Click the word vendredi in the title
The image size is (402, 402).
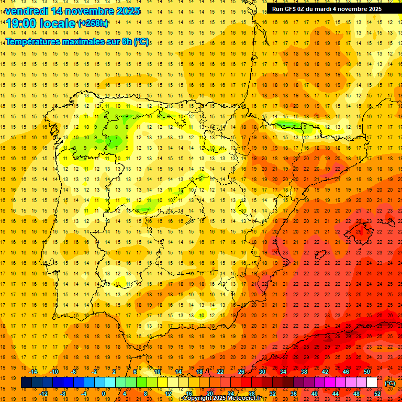(27, 11)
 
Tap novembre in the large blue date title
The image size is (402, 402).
(86, 11)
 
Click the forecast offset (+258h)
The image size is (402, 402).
(93, 24)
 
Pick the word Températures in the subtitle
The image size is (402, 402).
(33, 41)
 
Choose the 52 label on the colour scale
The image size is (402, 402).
(377, 394)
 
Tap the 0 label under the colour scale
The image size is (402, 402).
(104, 394)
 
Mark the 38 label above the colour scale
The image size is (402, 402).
(304, 372)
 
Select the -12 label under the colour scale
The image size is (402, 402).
(43, 394)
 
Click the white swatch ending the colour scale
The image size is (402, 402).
(372, 383)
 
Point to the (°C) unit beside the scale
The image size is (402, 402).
(390, 383)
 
